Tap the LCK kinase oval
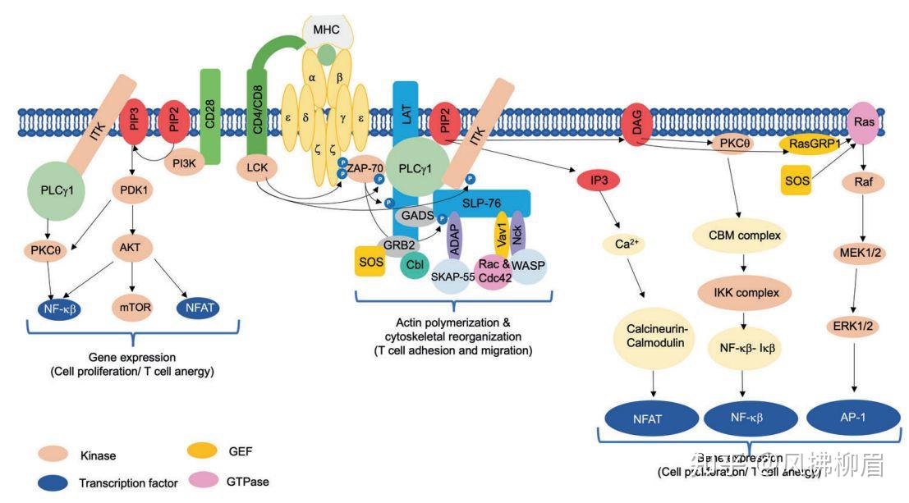(x=258, y=167)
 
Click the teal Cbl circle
(x=415, y=265)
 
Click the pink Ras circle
(x=865, y=121)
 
